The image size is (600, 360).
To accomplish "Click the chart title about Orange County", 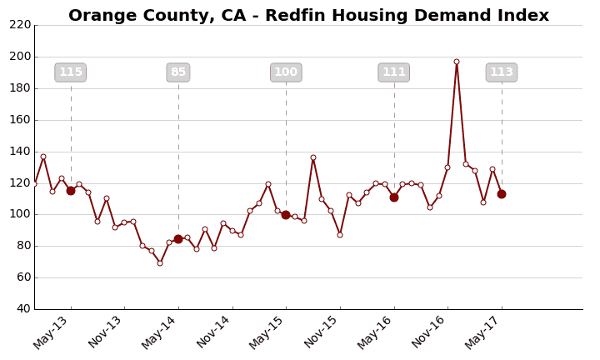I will click(x=308, y=16).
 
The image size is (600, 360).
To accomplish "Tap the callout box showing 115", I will click(x=71, y=72).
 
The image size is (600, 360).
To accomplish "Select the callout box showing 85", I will click(x=178, y=72).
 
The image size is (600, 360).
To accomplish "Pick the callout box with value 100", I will click(x=286, y=72).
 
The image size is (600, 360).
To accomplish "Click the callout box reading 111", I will click(x=394, y=72).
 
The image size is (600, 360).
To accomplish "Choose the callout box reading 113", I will click(x=502, y=72).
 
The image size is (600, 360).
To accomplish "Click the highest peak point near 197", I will click(x=457, y=62).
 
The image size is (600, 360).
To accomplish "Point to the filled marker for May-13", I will click(x=71, y=191).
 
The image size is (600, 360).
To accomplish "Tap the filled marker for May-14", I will click(x=178, y=239).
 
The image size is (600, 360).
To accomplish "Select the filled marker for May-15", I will click(x=286, y=215).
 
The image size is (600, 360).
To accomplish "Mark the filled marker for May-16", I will click(x=394, y=197).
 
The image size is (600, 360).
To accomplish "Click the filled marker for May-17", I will click(x=502, y=194).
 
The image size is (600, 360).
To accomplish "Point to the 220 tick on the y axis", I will click(x=20, y=25).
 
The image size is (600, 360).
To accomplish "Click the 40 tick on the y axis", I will click(x=22, y=309).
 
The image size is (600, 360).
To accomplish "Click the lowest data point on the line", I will click(x=160, y=263).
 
